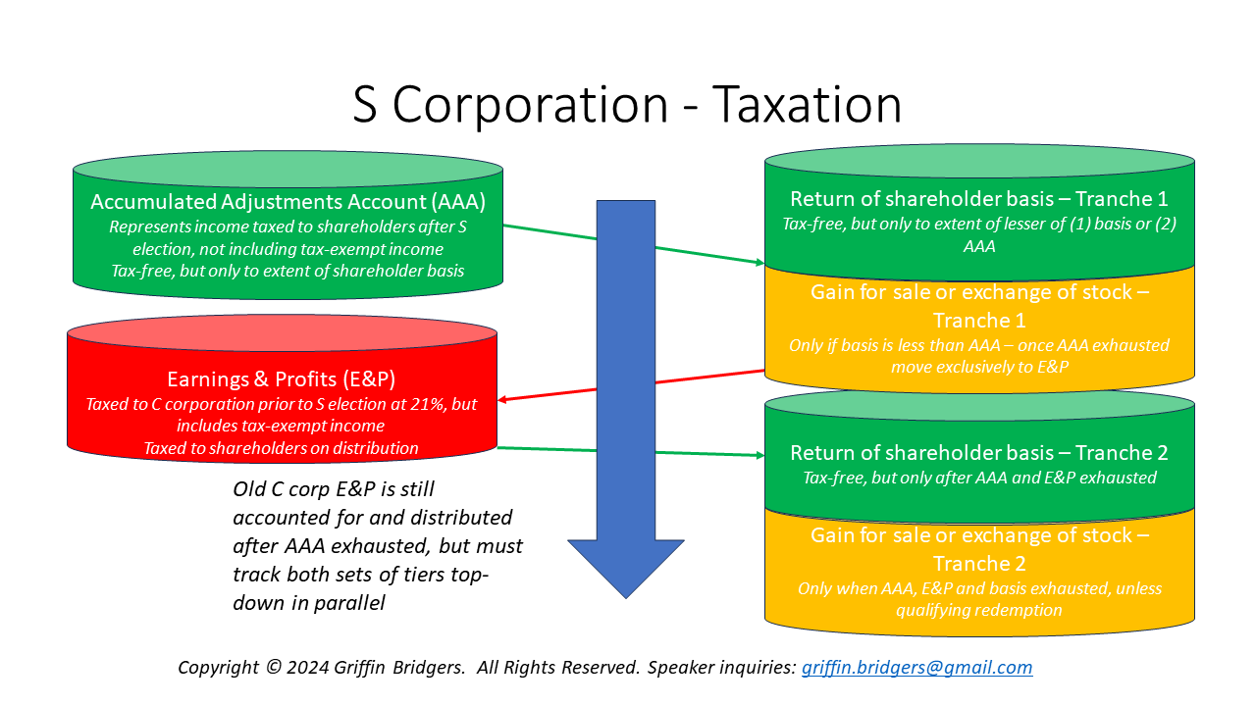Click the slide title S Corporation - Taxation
[x=627, y=105]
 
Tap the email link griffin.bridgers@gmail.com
[x=916, y=668]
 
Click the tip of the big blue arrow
[x=626, y=594]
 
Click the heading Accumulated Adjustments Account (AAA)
[x=288, y=202]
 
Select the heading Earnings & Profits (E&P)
[x=281, y=380]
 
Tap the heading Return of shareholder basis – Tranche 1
[x=978, y=199]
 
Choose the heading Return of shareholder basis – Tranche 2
[x=978, y=453]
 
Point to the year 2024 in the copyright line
[x=304, y=668]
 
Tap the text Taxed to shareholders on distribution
[x=281, y=448]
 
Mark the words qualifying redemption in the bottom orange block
[x=978, y=610]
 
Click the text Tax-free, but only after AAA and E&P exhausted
[x=978, y=479]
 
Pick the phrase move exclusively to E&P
[x=978, y=367]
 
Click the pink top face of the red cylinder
[x=281, y=332]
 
